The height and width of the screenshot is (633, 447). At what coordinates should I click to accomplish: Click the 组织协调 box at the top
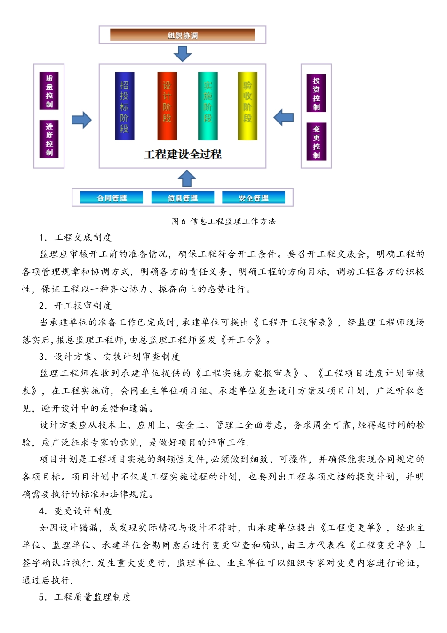pos(182,35)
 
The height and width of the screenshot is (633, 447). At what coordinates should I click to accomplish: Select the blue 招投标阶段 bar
pos(125,106)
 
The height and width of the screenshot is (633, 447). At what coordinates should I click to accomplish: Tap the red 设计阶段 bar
pos(167,106)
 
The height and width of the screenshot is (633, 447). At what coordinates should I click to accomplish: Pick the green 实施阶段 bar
pos(208,106)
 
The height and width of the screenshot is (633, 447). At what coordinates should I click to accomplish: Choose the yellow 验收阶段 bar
pos(247,106)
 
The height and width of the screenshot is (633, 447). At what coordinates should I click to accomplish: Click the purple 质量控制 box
pos(49,91)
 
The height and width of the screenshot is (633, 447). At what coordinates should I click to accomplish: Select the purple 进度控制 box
pos(49,139)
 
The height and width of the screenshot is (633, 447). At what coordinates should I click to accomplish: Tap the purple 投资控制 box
pos(316,93)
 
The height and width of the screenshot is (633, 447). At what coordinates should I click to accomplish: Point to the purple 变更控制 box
pos(316,142)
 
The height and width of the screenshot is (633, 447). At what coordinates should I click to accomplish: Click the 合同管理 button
pos(112,198)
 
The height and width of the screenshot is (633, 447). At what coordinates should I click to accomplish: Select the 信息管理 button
pos(183,198)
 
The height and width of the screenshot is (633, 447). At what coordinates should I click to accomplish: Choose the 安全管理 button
pos(253,198)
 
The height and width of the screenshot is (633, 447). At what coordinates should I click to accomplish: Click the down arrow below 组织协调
pos(183,54)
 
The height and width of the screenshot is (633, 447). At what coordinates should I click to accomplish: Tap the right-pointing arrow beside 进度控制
pos(81,120)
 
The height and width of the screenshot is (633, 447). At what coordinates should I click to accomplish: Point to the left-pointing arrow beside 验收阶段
pos(284,117)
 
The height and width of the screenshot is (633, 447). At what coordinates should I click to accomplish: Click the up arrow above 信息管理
pos(187,179)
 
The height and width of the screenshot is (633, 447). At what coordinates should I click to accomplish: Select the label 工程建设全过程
pos(183,154)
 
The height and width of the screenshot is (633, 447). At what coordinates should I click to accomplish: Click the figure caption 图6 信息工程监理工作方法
pos(223,221)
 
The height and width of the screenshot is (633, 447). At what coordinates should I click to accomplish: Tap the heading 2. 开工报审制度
pos(75,306)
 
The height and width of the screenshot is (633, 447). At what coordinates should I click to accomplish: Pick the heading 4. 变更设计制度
pos(75,511)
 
